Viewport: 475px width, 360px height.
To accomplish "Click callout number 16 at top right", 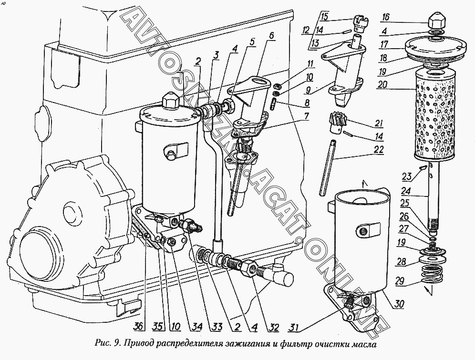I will click(385, 18).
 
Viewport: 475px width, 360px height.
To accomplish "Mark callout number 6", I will click(271, 36).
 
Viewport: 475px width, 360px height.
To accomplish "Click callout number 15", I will click(324, 18).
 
